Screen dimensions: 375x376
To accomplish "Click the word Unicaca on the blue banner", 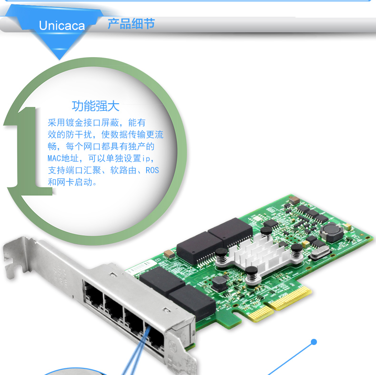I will tap(61, 25).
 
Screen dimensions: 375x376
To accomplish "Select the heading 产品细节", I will tap(131, 23).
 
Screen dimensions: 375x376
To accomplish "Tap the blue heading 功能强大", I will tap(95, 106).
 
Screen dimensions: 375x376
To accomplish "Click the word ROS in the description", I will tap(152, 170).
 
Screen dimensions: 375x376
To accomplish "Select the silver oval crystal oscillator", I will tap(317, 254).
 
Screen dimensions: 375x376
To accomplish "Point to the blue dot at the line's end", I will tap(313, 341).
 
